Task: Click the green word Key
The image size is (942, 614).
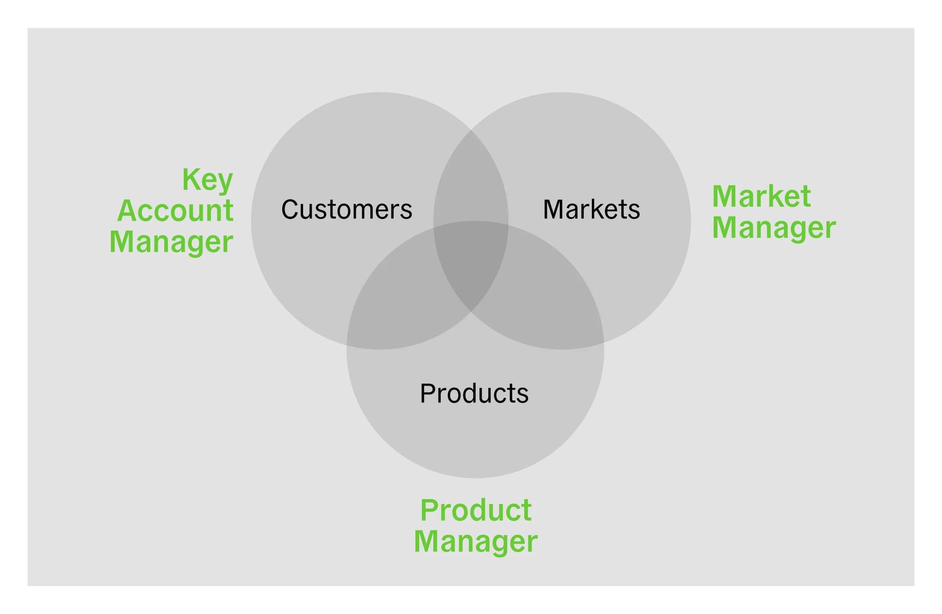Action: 208,180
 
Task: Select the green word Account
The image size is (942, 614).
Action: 175,211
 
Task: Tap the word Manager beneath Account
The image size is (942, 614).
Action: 171,242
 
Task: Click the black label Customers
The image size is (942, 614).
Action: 346,210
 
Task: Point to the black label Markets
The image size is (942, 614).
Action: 591,210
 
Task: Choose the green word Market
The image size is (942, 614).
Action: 761,196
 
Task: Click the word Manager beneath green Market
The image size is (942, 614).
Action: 774,228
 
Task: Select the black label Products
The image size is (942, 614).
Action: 474,393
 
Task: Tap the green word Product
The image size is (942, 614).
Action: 476,510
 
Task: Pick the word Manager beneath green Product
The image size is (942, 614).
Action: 476,541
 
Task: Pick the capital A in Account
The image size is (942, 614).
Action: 128,211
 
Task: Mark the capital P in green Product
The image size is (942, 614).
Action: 430,510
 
